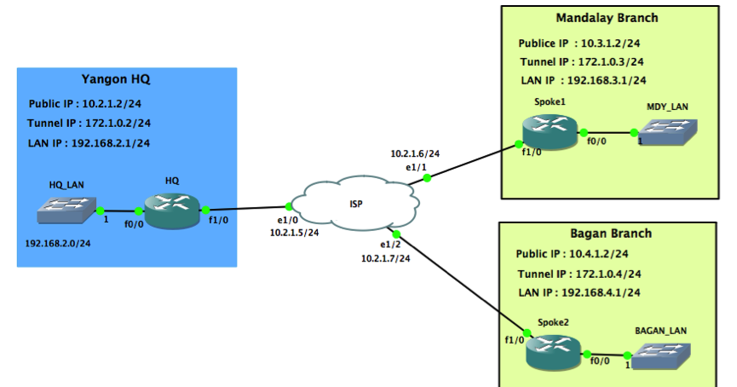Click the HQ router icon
pos(171,210)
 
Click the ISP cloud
pos(355,203)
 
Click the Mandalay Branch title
pos(607,18)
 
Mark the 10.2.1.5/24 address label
pos(295,232)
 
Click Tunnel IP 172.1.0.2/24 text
pos(89,123)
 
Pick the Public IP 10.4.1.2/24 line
pos(573,254)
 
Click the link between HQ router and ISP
pos(247,208)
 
